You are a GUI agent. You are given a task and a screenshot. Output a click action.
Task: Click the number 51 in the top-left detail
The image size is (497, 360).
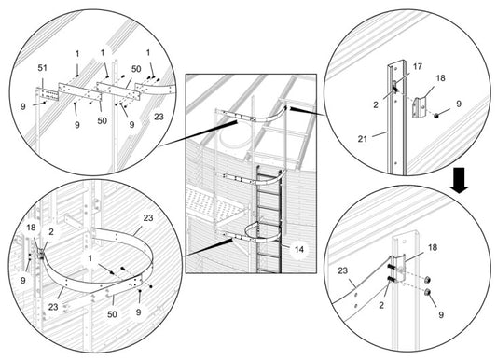point(43,68)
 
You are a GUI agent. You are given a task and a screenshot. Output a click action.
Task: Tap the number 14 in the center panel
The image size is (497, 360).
point(299,249)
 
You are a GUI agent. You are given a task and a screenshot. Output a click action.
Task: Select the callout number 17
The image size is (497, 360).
point(418,66)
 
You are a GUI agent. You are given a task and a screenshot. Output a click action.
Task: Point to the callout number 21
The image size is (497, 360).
point(363,138)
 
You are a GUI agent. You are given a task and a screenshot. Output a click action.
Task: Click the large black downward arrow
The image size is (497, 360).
point(459,180)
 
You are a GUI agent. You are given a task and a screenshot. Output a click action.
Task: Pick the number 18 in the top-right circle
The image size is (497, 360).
point(440,78)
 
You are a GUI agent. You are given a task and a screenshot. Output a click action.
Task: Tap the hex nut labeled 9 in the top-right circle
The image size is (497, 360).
point(436,116)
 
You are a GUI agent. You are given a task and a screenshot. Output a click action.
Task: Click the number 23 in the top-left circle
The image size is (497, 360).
point(159,117)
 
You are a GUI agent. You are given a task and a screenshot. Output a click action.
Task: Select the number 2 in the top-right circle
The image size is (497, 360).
point(376,104)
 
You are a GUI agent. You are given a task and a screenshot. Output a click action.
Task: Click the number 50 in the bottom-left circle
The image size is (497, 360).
point(112,314)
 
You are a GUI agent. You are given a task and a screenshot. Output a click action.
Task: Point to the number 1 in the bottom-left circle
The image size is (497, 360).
point(90,258)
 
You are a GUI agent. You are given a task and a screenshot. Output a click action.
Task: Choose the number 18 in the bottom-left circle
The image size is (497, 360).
point(31,228)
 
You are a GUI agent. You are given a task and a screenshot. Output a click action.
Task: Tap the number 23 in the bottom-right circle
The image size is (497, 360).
point(342,270)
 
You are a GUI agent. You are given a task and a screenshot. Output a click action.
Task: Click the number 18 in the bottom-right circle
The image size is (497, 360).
point(433,247)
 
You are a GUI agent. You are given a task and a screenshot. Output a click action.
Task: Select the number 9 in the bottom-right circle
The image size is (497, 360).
point(441,314)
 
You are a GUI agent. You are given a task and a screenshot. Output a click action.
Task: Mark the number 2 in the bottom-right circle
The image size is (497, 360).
point(381,305)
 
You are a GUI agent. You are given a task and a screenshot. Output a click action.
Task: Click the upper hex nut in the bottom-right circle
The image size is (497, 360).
point(427,279)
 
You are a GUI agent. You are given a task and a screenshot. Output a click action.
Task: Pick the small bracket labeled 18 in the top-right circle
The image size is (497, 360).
point(419,107)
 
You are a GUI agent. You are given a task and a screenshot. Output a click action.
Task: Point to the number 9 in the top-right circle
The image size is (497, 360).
point(459,104)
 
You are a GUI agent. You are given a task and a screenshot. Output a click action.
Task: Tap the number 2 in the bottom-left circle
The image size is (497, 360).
point(51,231)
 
